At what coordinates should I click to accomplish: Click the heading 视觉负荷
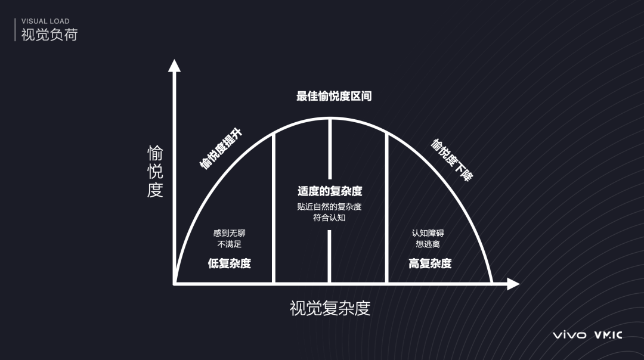click(x=49, y=35)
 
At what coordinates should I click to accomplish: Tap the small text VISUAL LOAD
click(x=45, y=21)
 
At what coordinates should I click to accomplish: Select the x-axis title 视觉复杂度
click(x=330, y=308)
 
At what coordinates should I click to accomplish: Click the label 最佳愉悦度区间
click(x=334, y=96)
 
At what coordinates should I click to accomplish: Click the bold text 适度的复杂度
click(x=330, y=191)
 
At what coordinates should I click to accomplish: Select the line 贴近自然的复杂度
click(x=330, y=207)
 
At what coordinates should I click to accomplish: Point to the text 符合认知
click(x=330, y=218)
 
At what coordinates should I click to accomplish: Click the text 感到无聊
click(x=230, y=233)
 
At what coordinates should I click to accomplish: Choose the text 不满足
click(x=230, y=244)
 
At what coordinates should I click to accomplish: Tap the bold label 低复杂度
click(x=230, y=263)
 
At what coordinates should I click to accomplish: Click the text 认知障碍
click(x=428, y=233)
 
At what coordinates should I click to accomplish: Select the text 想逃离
click(x=428, y=244)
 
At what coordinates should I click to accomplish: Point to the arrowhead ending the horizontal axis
click(x=513, y=284)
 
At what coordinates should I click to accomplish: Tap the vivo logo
click(x=569, y=335)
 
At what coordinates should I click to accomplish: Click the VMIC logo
click(x=608, y=335)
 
